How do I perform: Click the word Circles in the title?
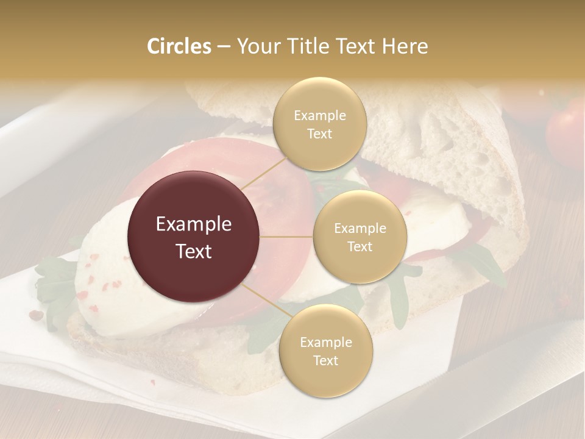coord(179,46)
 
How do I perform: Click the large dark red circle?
coord(194,237)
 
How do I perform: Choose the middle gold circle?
coord(360,237)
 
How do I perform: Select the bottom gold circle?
coord(325,351)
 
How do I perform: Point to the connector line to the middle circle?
coord(286,237)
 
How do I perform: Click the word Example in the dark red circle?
coord(194,224)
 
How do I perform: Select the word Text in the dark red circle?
coord(194,251)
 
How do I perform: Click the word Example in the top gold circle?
coord(319,116)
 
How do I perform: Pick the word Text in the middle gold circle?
coord(360,246)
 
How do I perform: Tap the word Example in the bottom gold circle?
coord(325,343)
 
